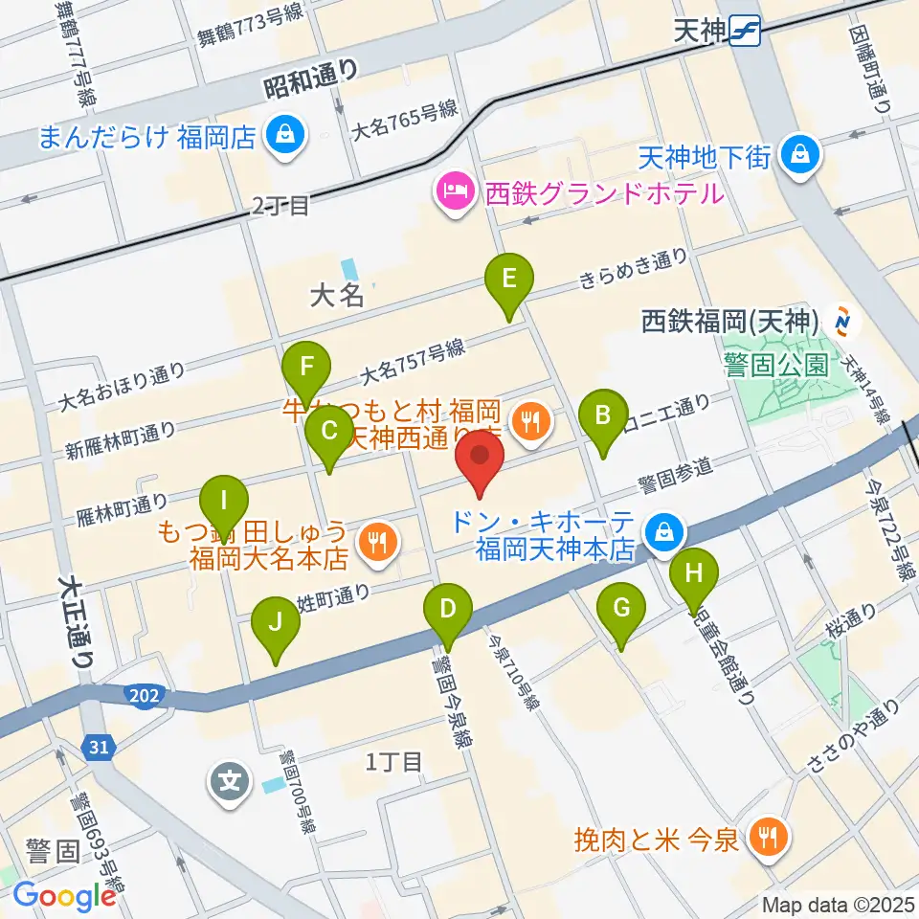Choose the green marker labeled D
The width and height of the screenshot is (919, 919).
446,610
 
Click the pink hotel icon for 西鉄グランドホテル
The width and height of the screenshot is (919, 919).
451,192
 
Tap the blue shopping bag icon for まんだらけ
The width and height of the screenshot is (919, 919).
284,135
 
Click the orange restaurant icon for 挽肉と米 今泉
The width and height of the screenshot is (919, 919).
768,838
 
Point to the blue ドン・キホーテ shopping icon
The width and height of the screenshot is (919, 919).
662,532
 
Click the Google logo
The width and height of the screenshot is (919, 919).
64,895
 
